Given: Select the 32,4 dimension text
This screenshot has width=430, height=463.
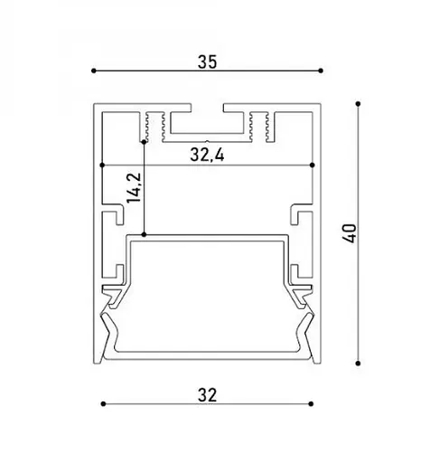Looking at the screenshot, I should click(207, 156).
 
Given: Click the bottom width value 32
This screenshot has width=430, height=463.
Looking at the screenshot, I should click(207, 394).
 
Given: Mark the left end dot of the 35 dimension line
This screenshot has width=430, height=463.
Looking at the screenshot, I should click(93, 71).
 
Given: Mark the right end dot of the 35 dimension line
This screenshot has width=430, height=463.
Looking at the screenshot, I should click(322, 71).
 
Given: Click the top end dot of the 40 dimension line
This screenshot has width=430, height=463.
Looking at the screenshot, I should click(360, 104).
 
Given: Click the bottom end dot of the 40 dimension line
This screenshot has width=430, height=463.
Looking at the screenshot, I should click(360, 364).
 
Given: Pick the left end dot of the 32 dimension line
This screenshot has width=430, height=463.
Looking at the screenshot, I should click(102, 403).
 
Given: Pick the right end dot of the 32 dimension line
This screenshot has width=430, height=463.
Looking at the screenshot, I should click(312, 403).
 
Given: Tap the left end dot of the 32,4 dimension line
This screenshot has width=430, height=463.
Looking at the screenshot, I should click(104, 165).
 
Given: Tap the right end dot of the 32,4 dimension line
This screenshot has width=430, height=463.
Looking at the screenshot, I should click(312, 165).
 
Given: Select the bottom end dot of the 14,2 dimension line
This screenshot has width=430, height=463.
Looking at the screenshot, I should click(145, 235).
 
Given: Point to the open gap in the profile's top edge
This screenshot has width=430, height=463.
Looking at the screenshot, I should click(207, 111).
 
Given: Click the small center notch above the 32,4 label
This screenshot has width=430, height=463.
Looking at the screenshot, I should click(207, 143).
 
